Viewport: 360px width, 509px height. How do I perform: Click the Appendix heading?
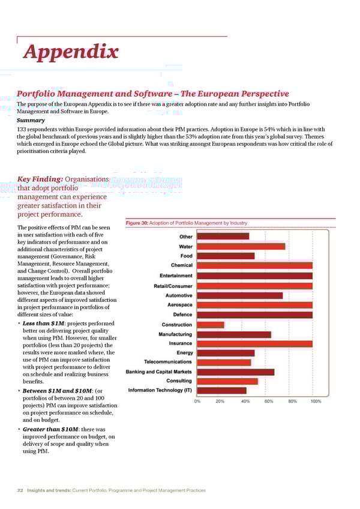point(70,53)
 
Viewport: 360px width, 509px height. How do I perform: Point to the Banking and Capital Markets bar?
point(236,372)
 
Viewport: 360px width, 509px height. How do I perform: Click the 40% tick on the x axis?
point(245,402)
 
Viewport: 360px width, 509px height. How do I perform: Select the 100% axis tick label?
point(315,402)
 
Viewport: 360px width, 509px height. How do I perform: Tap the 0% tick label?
point(197,402)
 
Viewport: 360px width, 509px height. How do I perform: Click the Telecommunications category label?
point(168,362)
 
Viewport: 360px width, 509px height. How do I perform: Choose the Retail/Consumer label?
point(173,286)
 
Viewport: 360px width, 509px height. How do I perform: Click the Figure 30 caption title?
point(186,223)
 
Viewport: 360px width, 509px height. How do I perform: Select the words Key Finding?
point(40,179)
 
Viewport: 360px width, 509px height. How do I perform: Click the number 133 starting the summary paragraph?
point(22,130)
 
